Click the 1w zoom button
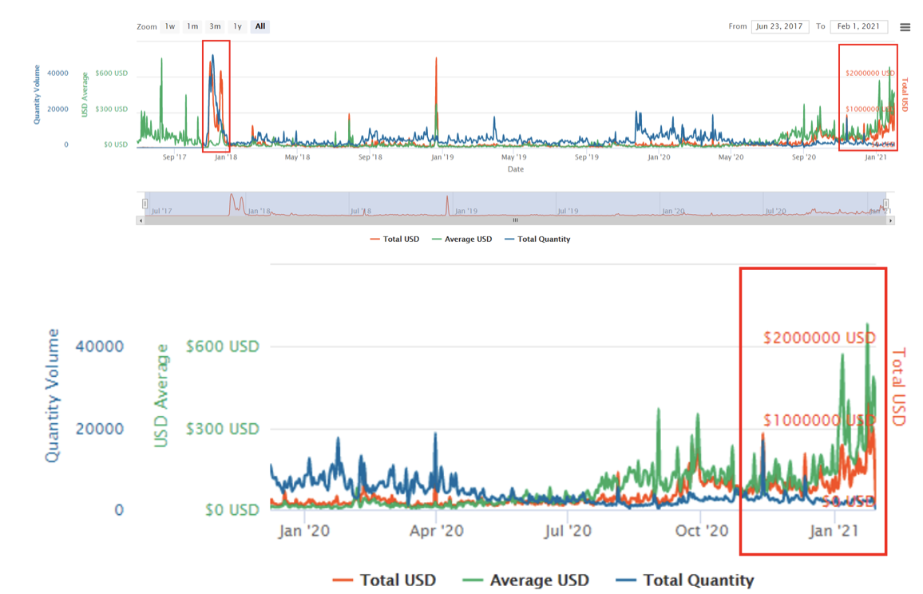[x=170, y=26]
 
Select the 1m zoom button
[x=192, y=26]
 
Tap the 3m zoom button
[x=215, y=26]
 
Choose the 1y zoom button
[x=237, y=26]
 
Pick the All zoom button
[x=260, y=26]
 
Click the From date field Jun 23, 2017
[x=779, y=26]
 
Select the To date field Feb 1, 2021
[x=858, y=26]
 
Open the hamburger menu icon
[x=905, y=27]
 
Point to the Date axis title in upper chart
[x=516, y=169]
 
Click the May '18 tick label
[x=297, y=157]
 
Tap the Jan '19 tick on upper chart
[x=442, y=157]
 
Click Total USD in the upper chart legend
[x=395, y=239]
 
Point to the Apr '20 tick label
[x=436, y=531]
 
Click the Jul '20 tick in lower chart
[x=568, y=531]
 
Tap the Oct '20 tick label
[x=702, y=531]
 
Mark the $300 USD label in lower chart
[x=223, y=429]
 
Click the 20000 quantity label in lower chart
[x=100, y=429]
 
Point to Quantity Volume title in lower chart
[x=53, y=395]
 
